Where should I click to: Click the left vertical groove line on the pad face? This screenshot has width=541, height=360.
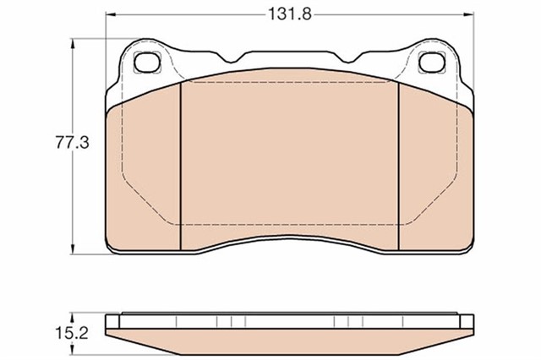click(183, 165)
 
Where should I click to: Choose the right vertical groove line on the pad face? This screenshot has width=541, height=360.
click(397, 165)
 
